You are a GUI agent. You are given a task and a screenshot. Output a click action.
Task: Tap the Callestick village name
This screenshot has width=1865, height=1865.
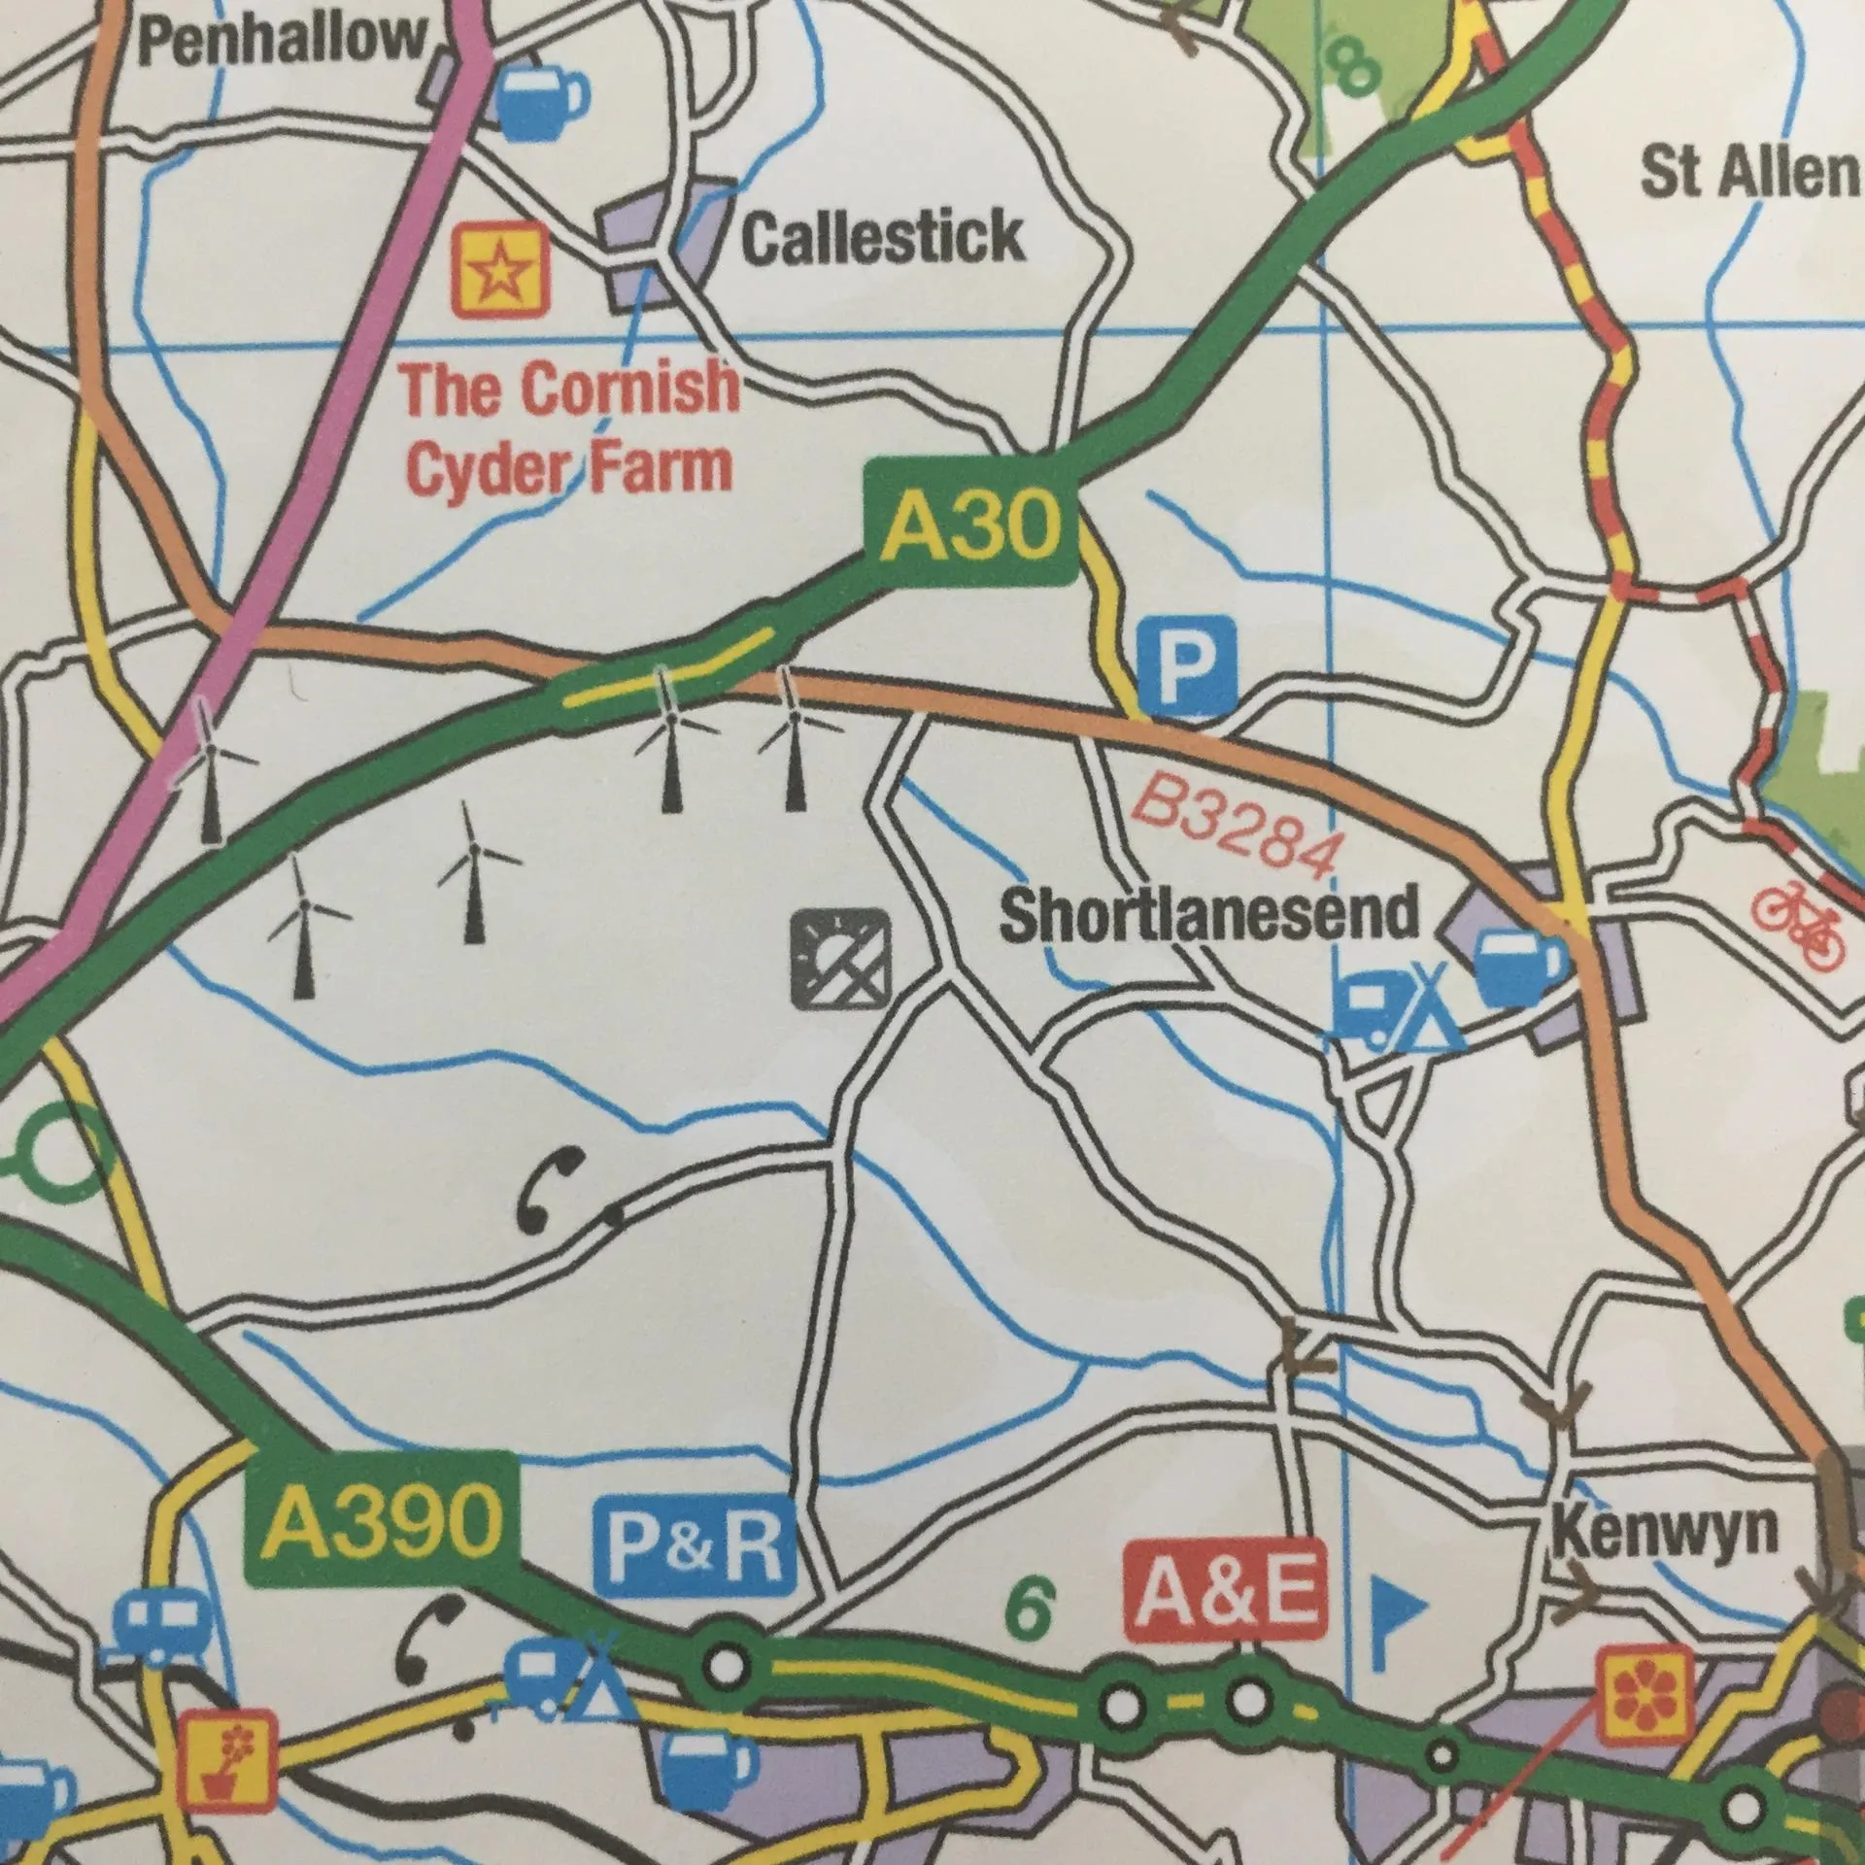pyautogui.click(x=882, y=237)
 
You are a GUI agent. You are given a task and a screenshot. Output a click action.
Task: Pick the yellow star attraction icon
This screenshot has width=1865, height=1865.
pyautogui.click(x=501, y=269)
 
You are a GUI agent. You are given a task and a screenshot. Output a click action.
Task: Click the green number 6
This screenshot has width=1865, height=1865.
pyautogui.click(x=1031, y=1608)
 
